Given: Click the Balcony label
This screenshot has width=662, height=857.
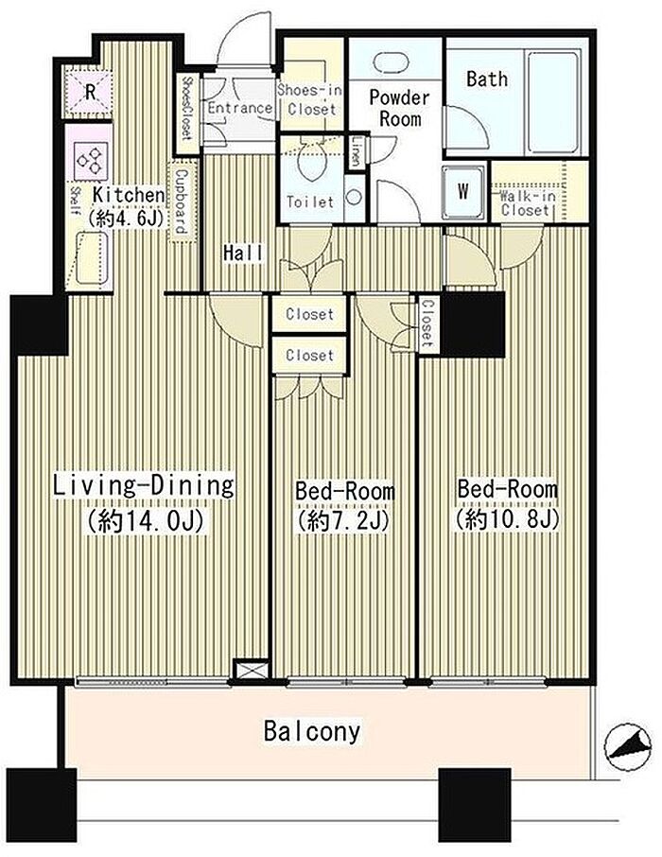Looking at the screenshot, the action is point(311,731).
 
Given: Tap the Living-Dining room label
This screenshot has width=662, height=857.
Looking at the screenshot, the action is point(144,486).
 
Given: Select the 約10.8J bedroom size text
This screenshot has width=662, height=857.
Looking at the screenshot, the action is point(507,519).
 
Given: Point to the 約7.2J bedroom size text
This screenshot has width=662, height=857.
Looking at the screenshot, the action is point(342,521).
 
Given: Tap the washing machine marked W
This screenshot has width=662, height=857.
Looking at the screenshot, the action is point(463,191).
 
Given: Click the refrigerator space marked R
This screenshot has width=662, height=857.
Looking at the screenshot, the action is point(90,92).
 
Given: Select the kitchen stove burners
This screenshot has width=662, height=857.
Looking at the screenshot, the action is point(91,161).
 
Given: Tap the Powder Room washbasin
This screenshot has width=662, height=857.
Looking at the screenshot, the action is point(394,61).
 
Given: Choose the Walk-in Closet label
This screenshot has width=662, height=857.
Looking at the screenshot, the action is point(525,202).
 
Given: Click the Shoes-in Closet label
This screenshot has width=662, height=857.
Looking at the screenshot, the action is point(310,99).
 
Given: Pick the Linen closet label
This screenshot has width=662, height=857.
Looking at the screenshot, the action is point(356,151).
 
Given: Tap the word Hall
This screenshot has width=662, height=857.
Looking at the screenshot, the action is point(243,254).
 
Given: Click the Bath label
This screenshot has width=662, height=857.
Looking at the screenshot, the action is point(486,79).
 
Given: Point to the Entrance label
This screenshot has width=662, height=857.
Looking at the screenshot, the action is point(239,108).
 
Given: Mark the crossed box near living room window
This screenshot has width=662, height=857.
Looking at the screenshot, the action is point(251,670).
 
